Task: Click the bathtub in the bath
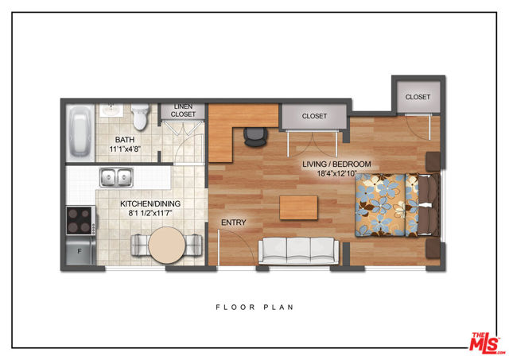point(80,133)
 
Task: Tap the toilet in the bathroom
point(140,117)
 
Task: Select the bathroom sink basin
point(111,110)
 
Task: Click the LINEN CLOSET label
point(183,110)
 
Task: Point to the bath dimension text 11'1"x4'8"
point(125,149)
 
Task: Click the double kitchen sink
point(116,177)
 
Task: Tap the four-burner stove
point(81,221)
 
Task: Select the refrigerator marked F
point(80,250)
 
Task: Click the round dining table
point(167,246)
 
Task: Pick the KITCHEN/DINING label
point(150,203)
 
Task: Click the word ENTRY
point(233,223)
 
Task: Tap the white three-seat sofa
point(299,250)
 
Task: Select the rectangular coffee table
point(299,207)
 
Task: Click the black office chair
point(256,137)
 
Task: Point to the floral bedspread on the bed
point(387,205)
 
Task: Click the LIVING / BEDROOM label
point(336,165)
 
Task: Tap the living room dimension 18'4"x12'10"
point(336,173)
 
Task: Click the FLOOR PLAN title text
point(254,307)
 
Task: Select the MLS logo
point(486,343)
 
